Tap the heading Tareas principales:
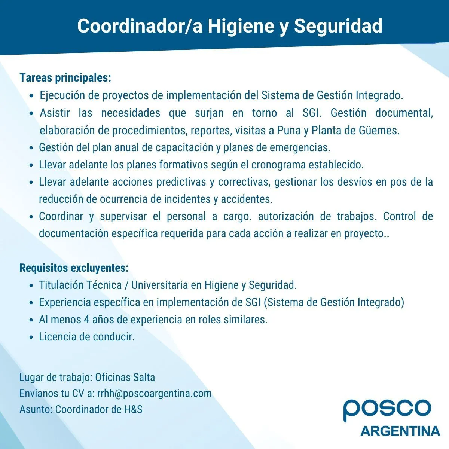[x=65, y=78]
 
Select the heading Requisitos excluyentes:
[x=74, y=268]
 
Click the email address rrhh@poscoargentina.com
[x=154, y=393]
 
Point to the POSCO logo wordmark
[x=387, y=410]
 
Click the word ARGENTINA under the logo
[x=400, y=431]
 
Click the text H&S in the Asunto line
[x=133, y=409]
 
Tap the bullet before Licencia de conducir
[x=32, y=337]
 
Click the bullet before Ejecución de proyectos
[x=32, y=96]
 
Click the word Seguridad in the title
[x=338, y=26]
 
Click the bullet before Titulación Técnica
[x=32, y=285]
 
